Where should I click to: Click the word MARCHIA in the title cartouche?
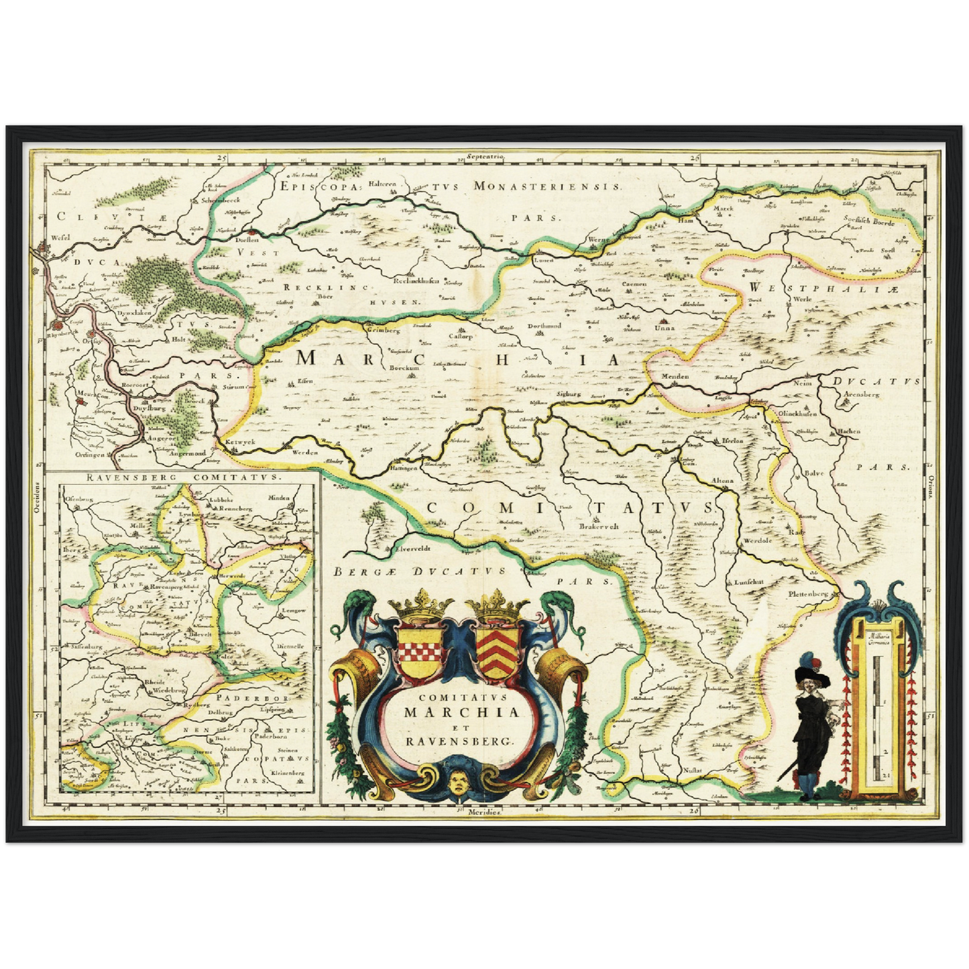(x=461, y=711)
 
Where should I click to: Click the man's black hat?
(x=812, y=677)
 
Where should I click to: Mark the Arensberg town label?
(x=862, y=394)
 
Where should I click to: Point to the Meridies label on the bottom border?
(x=485, y=811)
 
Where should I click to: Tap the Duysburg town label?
(x=150, y=407)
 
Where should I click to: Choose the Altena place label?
(x=722, y=481)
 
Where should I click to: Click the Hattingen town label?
(x=405, y=469)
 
